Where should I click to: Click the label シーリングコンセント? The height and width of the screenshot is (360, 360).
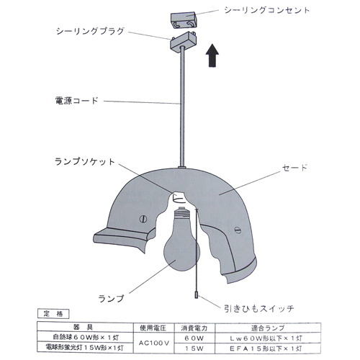266,10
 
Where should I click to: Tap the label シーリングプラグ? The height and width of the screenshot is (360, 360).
90,31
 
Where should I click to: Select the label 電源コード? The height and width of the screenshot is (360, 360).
76,100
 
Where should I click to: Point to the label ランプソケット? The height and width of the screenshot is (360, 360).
85,161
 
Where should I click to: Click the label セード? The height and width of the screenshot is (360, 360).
294,167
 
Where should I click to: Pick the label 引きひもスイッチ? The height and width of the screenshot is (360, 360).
259,308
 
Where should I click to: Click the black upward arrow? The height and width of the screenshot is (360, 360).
212,55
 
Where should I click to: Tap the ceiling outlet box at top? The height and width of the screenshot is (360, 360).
184,21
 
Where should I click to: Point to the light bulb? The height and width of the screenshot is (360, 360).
181,240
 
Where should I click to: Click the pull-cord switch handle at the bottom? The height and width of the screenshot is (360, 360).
197,294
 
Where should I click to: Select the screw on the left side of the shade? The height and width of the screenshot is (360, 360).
143,219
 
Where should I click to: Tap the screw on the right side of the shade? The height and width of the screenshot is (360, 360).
238,230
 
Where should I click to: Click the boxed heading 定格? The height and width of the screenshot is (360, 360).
53,314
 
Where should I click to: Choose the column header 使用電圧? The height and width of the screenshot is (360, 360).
153,328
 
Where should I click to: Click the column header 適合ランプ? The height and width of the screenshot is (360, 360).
268,328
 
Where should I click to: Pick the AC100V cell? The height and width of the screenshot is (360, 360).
154,343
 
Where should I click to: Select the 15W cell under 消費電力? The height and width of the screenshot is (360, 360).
194,348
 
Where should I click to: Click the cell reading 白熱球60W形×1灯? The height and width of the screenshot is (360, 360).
86,338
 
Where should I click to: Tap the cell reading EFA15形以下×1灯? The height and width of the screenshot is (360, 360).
266,348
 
